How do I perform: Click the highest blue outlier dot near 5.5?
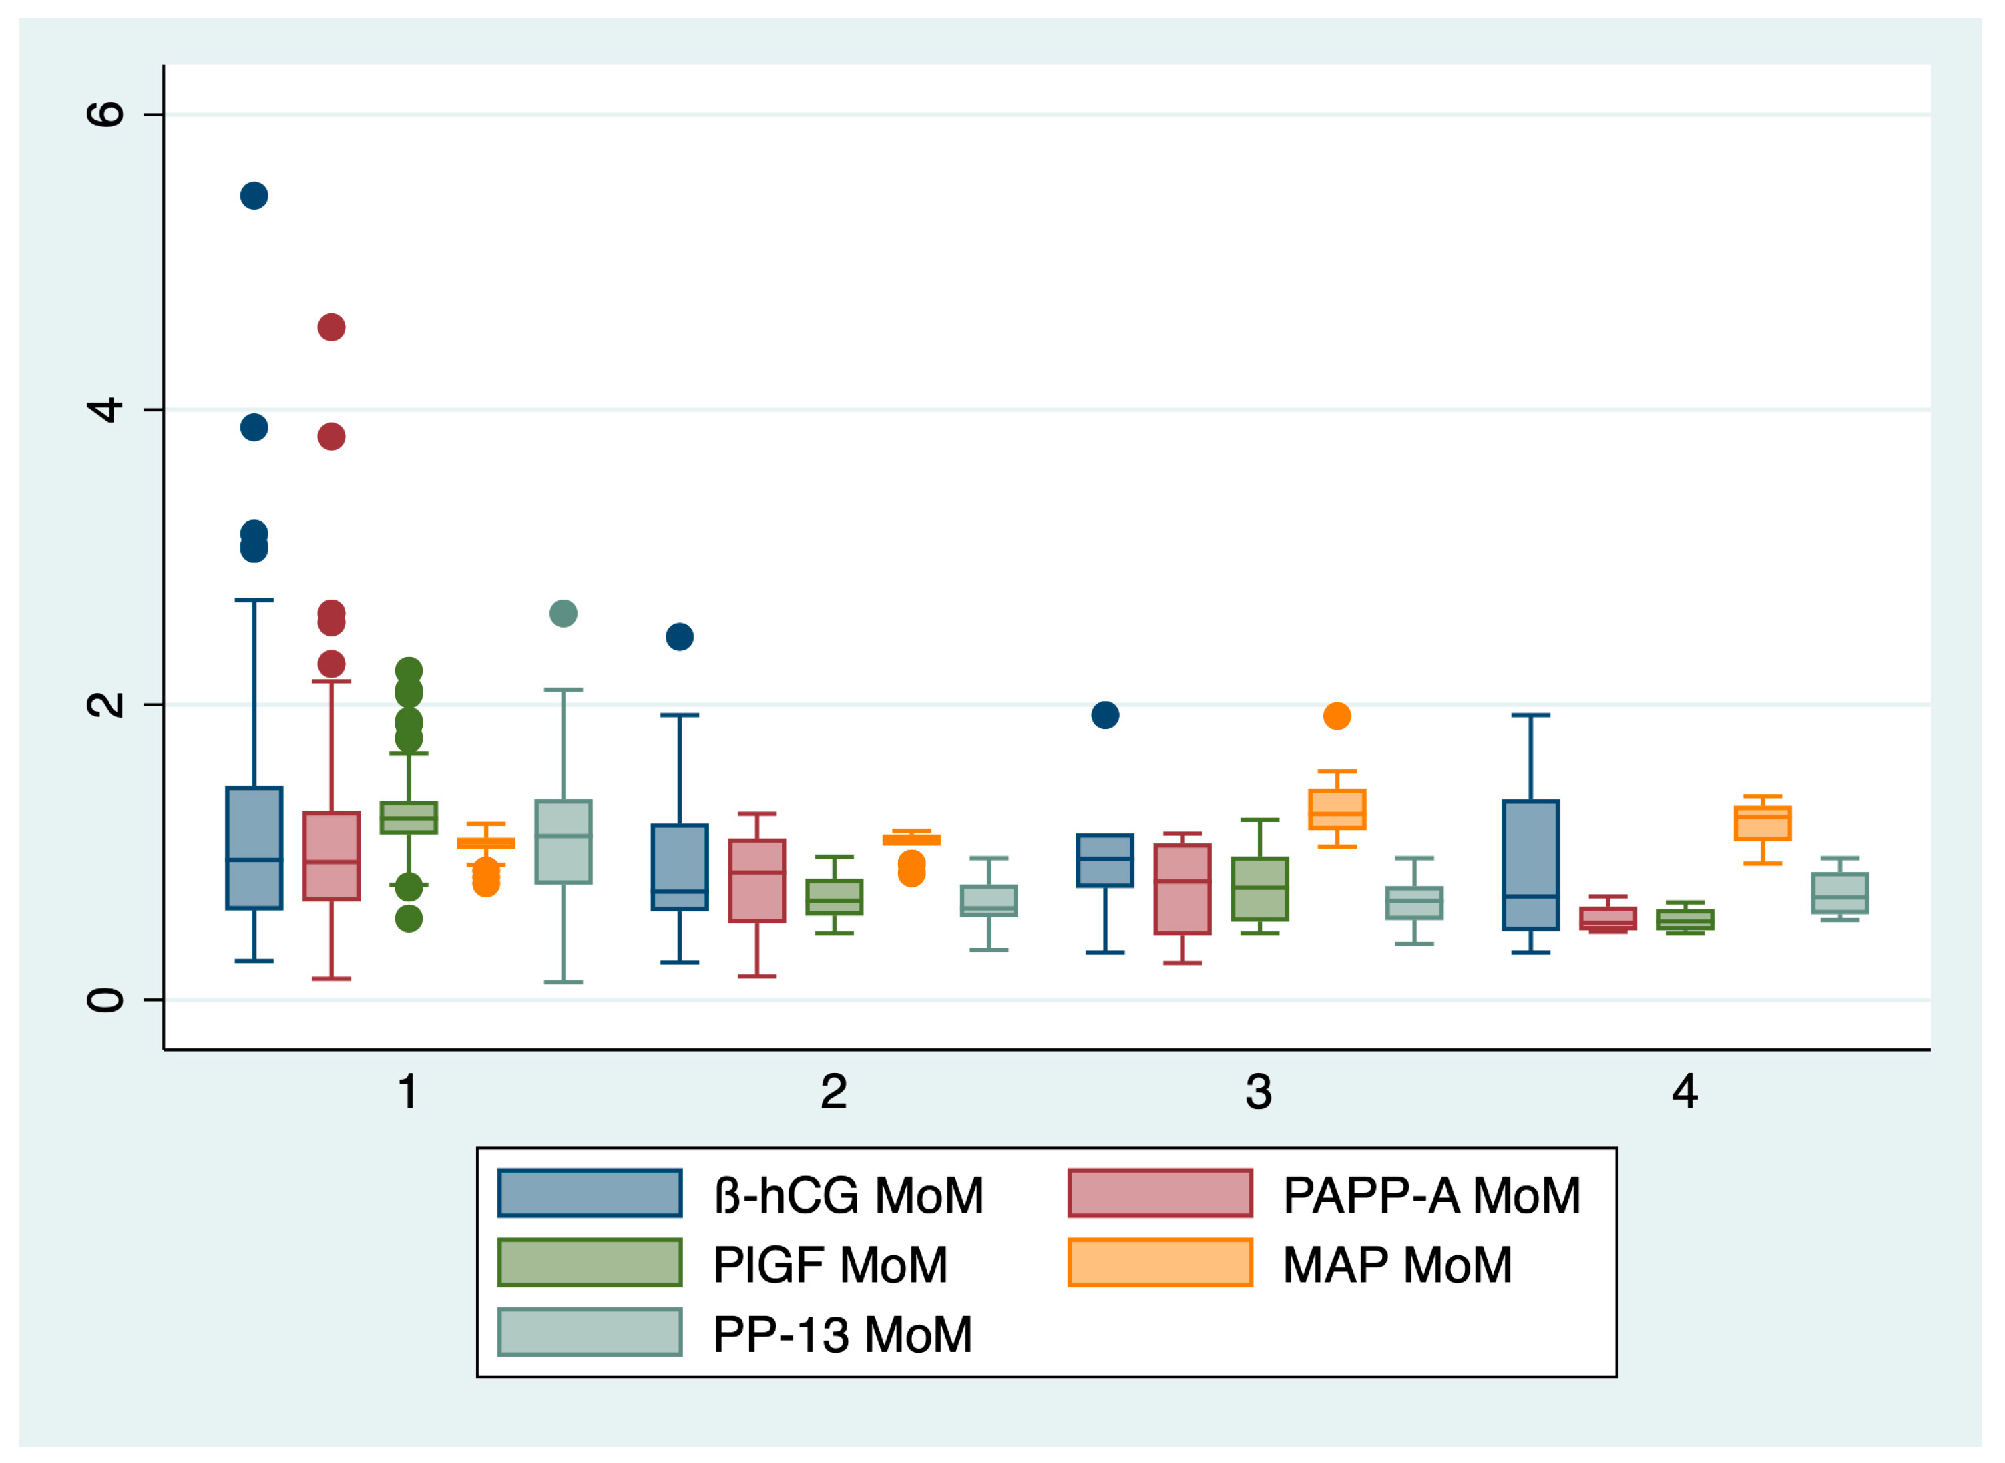254,196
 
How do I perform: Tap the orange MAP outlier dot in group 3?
1337,716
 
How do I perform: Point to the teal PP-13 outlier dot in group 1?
564,614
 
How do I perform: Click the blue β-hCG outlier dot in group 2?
679,637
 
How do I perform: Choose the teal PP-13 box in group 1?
564,842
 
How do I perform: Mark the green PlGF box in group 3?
1259,889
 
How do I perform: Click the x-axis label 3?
1259,1092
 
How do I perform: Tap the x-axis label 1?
408,1092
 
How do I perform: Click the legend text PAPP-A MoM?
1431,1195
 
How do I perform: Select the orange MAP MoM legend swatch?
1160,1263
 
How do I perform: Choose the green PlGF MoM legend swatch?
590,1263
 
